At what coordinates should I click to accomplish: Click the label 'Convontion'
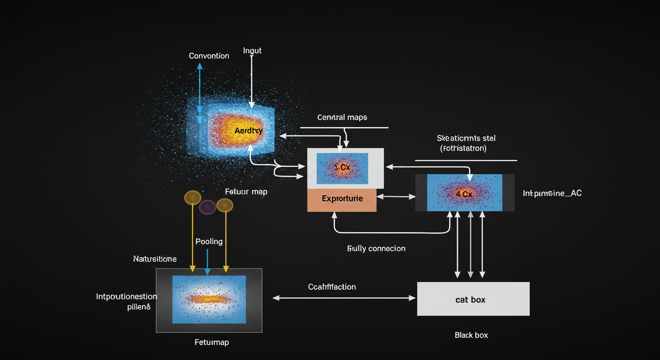pos(209,56)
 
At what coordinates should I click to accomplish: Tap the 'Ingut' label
pos(252,50)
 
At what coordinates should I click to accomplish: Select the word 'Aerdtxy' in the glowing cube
pos(248,131)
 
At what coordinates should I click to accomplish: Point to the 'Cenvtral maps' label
pos(342,117)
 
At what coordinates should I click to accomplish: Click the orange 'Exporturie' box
pos(342,199)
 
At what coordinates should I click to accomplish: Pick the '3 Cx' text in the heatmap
pos(342,167)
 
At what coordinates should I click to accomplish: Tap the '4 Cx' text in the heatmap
pos(464,193)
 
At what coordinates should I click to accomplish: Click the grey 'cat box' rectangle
pos(473,299)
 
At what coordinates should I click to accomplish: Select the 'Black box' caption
pos(471,335)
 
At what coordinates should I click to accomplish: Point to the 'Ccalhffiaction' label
pos(332,286)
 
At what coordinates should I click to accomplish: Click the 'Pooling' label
pos(209,241)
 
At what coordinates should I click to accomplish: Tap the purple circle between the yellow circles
pos(208,207)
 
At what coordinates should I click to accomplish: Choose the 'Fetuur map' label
pos(246,192)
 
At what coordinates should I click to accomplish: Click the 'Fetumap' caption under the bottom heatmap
pos(211,342)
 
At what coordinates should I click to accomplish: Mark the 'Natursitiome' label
pos(155,259)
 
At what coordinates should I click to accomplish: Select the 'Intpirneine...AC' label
pos(552,193)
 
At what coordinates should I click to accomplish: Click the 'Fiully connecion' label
pos(376,248)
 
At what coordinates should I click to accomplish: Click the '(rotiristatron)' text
pos(463,148)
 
